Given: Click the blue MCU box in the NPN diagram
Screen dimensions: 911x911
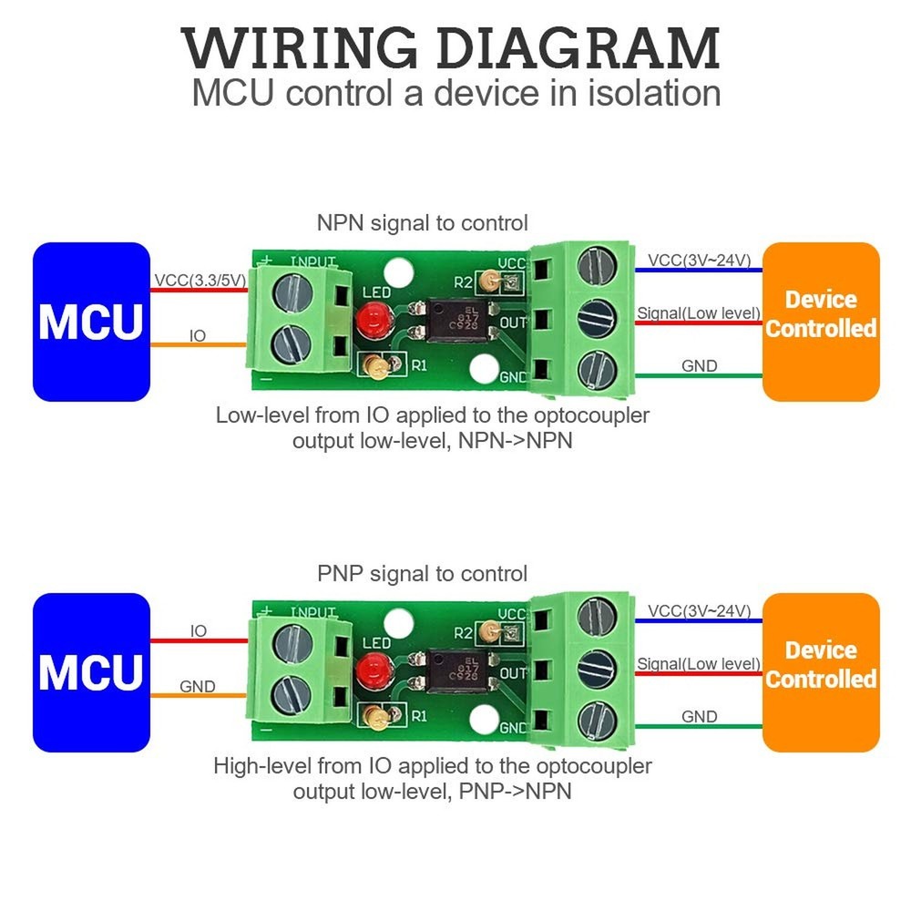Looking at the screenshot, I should click(x=90, y=321).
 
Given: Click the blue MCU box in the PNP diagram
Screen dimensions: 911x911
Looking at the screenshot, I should click(x=90, y=672).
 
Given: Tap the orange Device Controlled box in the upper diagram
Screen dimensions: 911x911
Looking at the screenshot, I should click(x=821, y=321).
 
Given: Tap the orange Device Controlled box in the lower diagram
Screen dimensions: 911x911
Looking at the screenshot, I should click(x=821, y=672).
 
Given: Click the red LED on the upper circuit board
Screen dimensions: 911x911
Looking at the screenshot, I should click(x=372, y=320).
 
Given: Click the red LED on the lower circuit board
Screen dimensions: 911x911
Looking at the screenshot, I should click(x=372, y=671).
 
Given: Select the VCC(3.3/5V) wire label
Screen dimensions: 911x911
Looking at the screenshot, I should click(x=200, y=281).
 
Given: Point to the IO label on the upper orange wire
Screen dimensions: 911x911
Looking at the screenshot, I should click(x=198, y=336).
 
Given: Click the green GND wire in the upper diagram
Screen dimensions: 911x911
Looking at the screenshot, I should click(x=697, y=376).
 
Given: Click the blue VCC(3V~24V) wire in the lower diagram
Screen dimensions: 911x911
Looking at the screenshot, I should click(x=697, y=620).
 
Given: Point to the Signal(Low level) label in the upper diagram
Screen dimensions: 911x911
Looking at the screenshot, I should click(x=699, y=314).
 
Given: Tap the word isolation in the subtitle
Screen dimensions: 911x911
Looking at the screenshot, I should click(x=646, y=94).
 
